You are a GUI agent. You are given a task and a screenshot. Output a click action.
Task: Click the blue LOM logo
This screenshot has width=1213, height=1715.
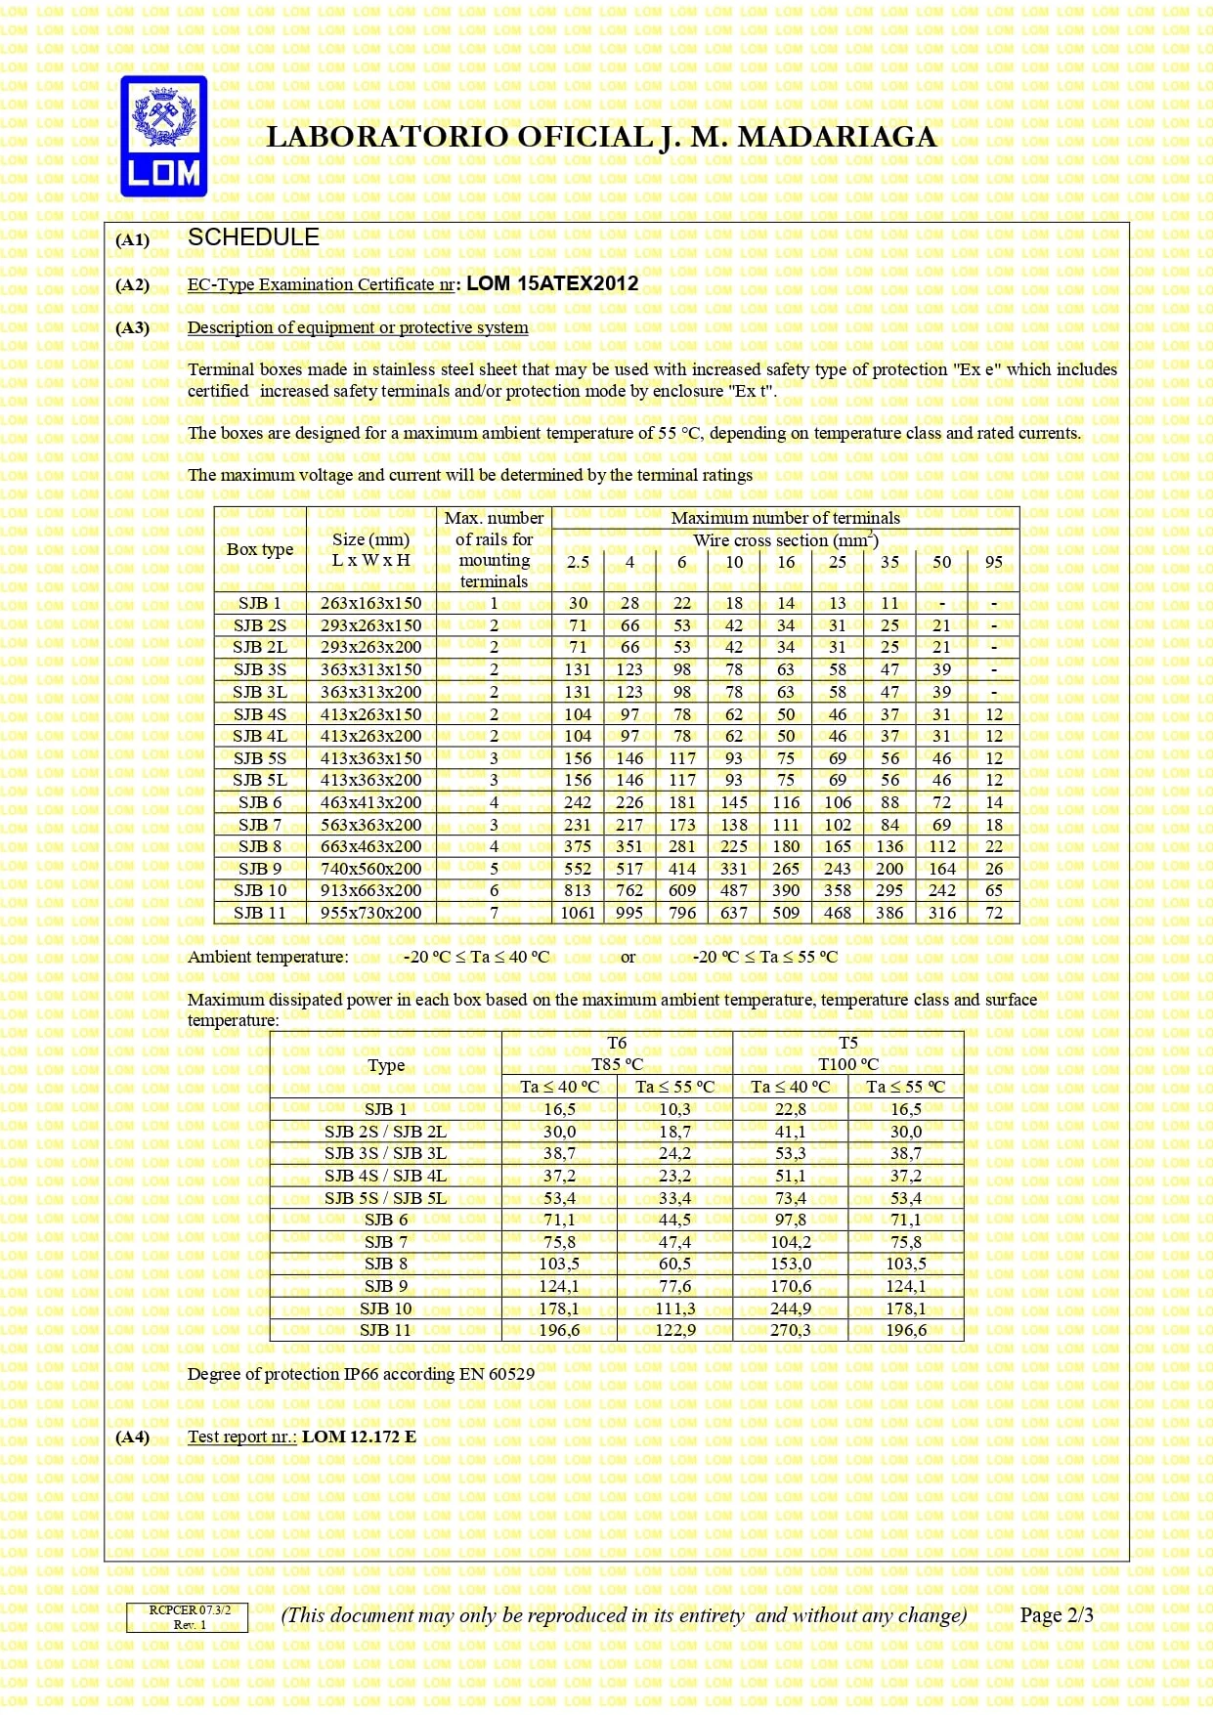[163, 136]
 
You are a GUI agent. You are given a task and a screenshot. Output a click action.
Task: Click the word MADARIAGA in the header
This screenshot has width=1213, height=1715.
[837, 138]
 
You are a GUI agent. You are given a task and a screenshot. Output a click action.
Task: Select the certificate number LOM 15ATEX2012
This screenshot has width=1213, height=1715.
[552, 284]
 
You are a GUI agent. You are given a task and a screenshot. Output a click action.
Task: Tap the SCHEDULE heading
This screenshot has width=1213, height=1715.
[253, 237]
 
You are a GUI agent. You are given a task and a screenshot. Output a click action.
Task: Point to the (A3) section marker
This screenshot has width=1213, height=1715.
[132, 328]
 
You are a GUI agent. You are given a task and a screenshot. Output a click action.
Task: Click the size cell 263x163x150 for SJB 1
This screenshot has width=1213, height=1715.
[370, 604]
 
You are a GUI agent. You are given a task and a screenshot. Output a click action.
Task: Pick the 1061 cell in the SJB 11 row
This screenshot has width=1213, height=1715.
[578, 913]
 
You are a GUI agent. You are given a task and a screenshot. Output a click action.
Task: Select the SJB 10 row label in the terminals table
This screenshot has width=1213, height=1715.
[260, 890]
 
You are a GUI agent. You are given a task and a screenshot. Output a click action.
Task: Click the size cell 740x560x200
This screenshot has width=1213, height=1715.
[370, 869]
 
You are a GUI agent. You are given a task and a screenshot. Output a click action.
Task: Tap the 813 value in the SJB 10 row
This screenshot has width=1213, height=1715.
[578, 890]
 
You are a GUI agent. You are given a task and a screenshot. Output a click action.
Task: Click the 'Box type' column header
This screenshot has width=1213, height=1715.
[260, 549]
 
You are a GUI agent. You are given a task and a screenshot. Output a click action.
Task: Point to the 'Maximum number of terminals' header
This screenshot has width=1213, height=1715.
[785, 518]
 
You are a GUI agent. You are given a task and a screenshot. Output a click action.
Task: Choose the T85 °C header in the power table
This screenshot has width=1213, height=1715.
[617, 1064]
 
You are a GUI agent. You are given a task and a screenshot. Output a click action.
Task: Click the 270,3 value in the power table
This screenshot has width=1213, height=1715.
[790, 1330]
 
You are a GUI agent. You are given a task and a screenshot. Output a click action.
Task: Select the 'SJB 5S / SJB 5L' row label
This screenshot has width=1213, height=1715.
[385, 1198]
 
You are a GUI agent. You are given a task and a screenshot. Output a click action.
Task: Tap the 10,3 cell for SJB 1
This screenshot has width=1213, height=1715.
[674, 1109]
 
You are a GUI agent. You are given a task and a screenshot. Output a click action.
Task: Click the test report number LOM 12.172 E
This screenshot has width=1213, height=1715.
[359, 1436]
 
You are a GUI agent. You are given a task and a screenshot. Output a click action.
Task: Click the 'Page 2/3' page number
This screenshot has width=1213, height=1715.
[1056, 1615]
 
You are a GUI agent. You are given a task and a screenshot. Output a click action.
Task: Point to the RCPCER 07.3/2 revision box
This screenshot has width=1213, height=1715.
[187, 1617]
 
